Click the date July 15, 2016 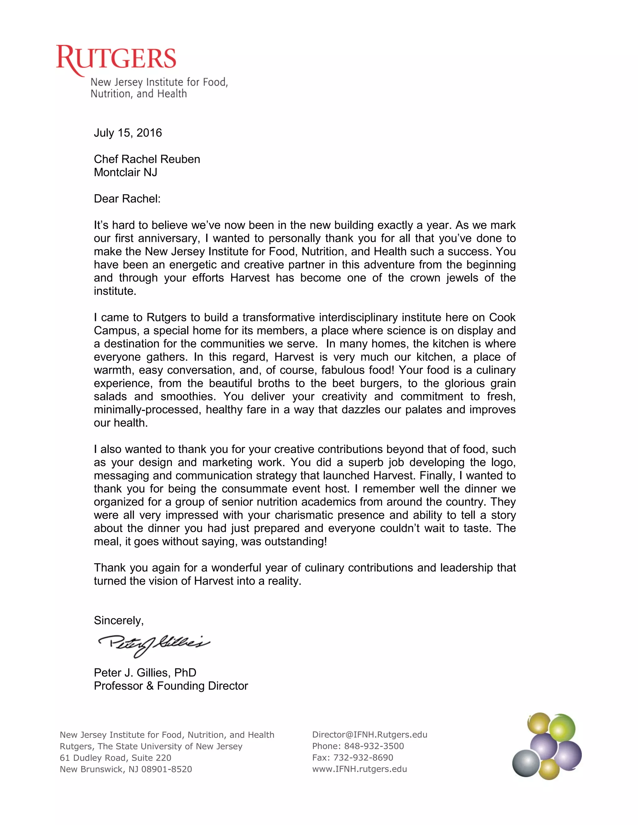coord(128,133)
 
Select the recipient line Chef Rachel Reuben coord(147,159)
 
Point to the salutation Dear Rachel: coord(127,199)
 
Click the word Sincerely coord(118,620)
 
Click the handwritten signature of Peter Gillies coord(153,644)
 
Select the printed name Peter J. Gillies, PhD coord(145,672)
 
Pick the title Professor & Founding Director coord(171,686)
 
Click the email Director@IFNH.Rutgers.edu coord(369,735)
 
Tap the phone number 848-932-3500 coord(374,746)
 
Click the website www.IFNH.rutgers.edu coord(359,769)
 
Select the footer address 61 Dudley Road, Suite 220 coord(115,758)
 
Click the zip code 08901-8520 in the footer coord(166,769)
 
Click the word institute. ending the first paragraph coord(115,291)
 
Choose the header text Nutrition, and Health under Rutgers coord(138,94)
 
